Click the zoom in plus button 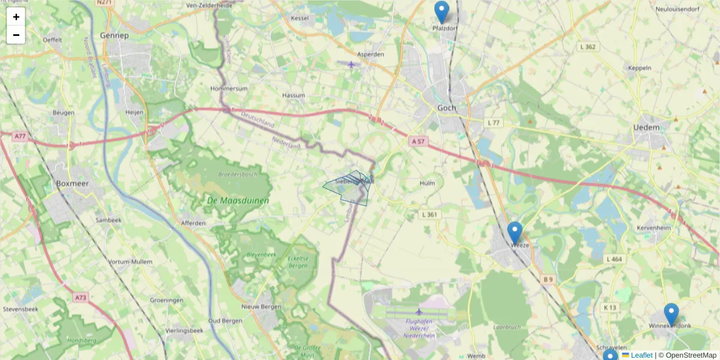tap(16, 17)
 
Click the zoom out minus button tap(16, 35)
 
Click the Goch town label tap(446, 108)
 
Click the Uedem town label tap(646, 127)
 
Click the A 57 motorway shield tap(418, 141)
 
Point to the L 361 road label tap(430, 214)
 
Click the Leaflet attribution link tap(641, 355)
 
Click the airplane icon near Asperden tap(351, 64)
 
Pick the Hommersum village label tap(229, 88)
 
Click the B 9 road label tap(548, 280)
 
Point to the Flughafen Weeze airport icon tap(419, 312)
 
